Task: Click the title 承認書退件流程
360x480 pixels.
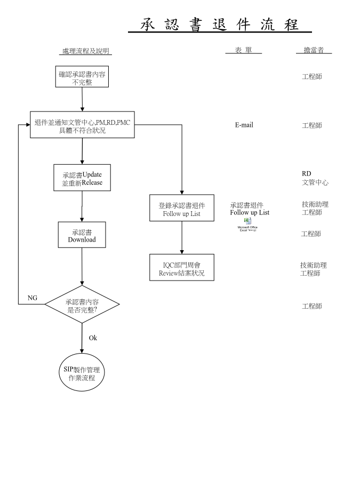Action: click(x=219, y=25)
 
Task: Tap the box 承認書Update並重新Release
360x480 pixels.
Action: click(x=82, y=178)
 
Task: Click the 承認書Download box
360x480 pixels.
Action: click(x=82, y=235)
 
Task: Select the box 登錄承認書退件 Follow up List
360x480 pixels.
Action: click(x=182, y=209)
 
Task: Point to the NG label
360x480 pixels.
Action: click(x=33, y=298)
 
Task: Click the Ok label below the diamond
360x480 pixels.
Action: click(x=93, y=338)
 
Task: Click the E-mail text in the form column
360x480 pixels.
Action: click(x=244, y=125)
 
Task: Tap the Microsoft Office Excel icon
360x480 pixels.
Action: click(x=247, y=221)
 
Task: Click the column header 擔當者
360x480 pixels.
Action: click(x=314, y=50)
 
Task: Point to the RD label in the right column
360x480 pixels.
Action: click(x=306, y=173)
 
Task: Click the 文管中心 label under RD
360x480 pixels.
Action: click(x=315, y=182)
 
